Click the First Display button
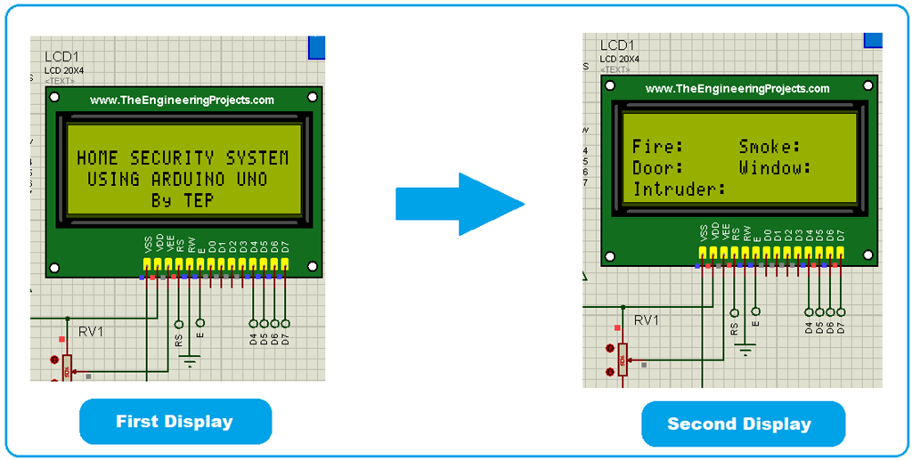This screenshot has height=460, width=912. coord(175,422)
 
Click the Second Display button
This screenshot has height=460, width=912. coord(739,424)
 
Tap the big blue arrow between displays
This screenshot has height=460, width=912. coord(460,204)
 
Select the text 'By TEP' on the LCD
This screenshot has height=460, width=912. coord(183,201)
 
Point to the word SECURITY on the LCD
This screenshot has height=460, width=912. coord(171,158)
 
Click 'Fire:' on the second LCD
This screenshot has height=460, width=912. coord(658,147)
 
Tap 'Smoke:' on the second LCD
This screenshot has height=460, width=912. coord(770,147)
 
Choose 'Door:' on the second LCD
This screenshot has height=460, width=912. coord(658,168)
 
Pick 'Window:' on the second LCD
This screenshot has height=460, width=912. coord(775,168)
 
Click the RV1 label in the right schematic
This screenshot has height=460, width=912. coord(647,319)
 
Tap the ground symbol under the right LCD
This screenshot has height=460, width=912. coord(745,348)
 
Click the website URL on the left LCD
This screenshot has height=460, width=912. coord(183,101)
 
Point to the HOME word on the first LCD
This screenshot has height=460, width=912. coord(98,158)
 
